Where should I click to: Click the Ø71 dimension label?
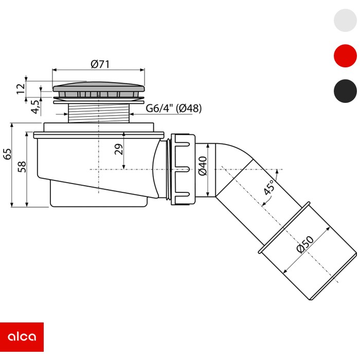(100, 64)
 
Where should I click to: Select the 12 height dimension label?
(21, 88)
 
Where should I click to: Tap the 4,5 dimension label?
(35, 107)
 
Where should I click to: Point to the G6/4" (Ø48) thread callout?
(174, 108)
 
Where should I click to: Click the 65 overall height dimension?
(7, 154)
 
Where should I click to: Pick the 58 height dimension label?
(22, 167)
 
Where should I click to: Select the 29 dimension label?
(119, 149)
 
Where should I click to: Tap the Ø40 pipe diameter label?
(203, 166)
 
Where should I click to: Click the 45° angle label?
(268, 187)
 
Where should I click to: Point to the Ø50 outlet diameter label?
(305, 244)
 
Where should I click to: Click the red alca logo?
(22, 337)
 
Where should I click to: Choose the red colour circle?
(345, 56)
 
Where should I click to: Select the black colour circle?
(345, 91)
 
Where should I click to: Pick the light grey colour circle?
(345, 20)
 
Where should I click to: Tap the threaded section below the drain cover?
(99, 113)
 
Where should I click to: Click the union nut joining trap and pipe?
(183, 169)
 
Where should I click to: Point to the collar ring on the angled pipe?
(284, 227)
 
